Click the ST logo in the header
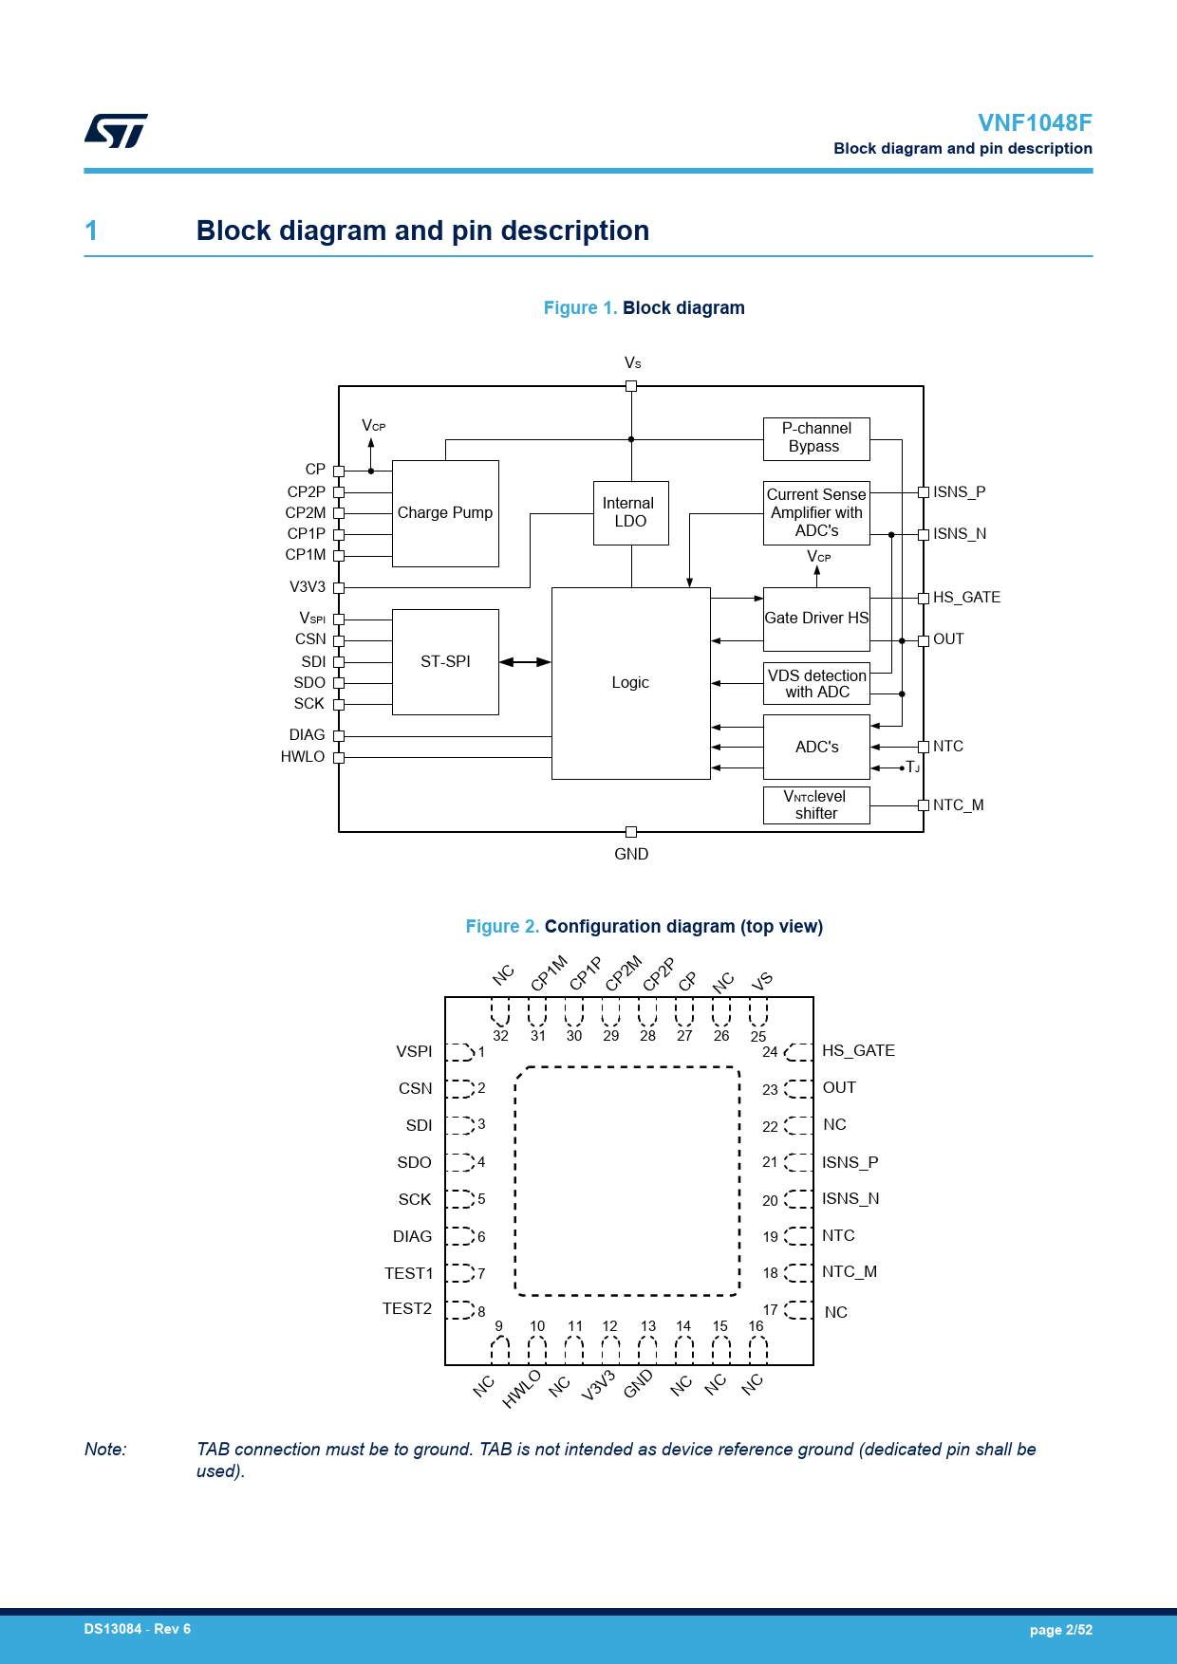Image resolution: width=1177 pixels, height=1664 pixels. tap(116, 131)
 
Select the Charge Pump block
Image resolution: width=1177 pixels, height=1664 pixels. tap(445, 513)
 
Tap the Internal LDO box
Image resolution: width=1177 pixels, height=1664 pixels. tap(630, 512)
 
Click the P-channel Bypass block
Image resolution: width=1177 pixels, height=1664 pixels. tap(816, 438)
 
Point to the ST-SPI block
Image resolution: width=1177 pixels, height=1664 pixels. tap(445, 661)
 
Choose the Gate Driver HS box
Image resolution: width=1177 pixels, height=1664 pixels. tap(816, 619)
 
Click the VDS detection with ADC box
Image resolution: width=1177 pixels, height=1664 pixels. tap(816, 683)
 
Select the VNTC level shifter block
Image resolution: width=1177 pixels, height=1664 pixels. tap(816, 804)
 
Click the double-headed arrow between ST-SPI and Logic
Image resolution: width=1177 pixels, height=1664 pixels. tap(525, 662)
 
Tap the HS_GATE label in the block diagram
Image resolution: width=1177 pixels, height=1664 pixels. tap(966, 598)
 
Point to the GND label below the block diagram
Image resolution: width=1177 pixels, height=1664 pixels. tap(631, 854)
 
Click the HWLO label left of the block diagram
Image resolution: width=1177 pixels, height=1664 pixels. tap(303, 757)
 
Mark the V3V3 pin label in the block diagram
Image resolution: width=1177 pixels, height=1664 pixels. tap(308, 587)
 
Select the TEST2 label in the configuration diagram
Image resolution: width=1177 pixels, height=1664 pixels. tap(407, 1309)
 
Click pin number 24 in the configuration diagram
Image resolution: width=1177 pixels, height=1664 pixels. tap(770, 1052)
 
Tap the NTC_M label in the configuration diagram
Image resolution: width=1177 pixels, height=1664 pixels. tap(850, 1272)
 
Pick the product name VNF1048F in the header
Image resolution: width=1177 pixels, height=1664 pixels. tap(1035, 123)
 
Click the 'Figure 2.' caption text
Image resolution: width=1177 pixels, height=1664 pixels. tap(502, 927)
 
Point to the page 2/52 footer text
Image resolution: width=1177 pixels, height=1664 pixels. tap(1060, 1630)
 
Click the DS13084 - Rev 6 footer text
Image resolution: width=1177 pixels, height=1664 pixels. tap(138, 1629)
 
